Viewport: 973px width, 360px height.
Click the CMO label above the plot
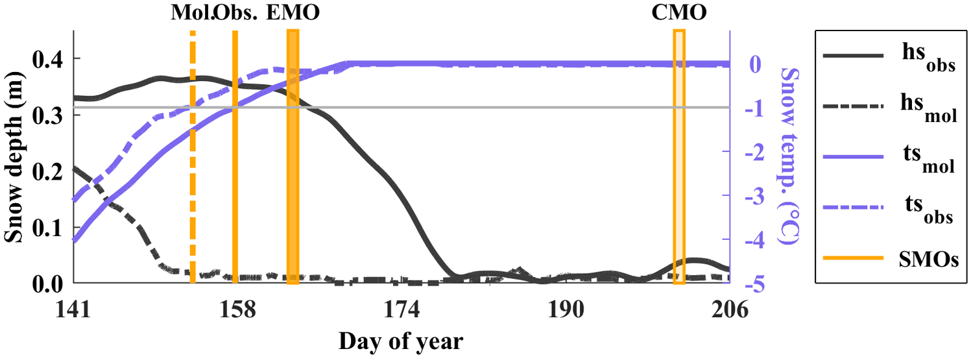pos(679,12)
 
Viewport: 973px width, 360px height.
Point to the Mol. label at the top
pos(192,12)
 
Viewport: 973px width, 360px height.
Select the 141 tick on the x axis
pos(73,311)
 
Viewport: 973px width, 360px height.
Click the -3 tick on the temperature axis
pos(746,196)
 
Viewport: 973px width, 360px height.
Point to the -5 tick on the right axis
pos(746,284)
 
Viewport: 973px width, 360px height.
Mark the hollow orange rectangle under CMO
pos(679,156)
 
